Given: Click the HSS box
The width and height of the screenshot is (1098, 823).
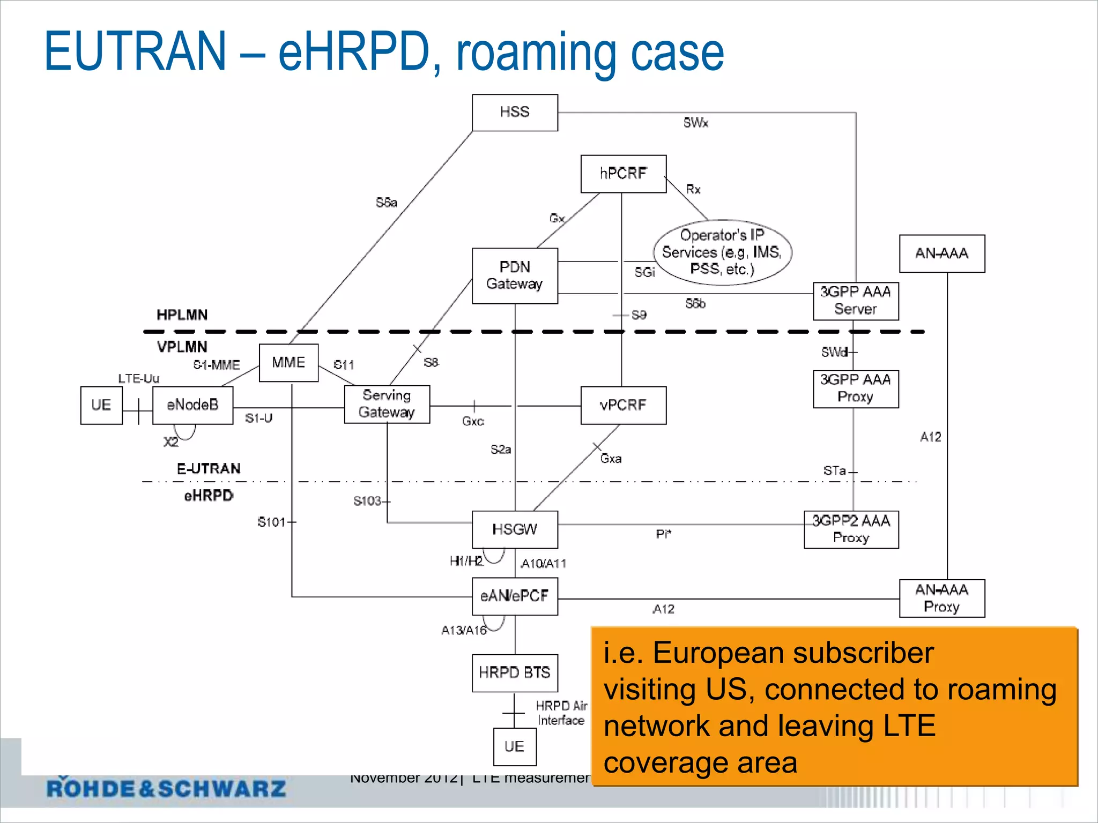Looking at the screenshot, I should tap(515, 113).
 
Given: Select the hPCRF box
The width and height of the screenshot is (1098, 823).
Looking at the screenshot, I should tap(623, 174).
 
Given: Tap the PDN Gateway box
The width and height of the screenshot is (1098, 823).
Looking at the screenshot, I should tap(515, 275).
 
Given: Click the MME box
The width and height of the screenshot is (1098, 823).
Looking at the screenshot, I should tap(288, 363).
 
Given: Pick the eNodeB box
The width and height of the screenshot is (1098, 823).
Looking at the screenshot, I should tap(192, 405).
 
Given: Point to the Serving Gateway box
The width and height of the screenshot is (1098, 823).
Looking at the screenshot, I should tap(387, 404).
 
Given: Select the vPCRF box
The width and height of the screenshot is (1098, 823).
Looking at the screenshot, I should tap(623, 405).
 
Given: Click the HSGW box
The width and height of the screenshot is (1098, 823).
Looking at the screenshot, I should tap(515, 529).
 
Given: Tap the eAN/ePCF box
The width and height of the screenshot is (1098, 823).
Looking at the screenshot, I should tap(515, 596).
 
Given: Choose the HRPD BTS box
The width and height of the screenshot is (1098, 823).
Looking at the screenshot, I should tap(515, 672).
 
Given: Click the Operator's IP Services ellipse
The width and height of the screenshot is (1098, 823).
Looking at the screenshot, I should tap(722, 252).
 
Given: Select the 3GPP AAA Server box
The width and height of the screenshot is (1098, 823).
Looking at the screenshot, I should tap(856, 301).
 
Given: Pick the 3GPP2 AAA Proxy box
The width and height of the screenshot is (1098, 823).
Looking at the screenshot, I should tap(851, 529).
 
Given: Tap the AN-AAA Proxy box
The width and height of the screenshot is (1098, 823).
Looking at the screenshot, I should tap(941, 598).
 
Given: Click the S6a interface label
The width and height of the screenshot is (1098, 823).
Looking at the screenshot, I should tap(387, 203).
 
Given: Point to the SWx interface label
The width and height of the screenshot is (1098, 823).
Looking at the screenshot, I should tap(695, 123).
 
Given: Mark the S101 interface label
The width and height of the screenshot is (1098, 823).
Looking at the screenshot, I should tap(271, 522).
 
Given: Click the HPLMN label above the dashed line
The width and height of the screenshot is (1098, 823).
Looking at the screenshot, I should tap(182, 315).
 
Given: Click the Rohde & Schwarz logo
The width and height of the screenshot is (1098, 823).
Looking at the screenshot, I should tap(166, 788).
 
